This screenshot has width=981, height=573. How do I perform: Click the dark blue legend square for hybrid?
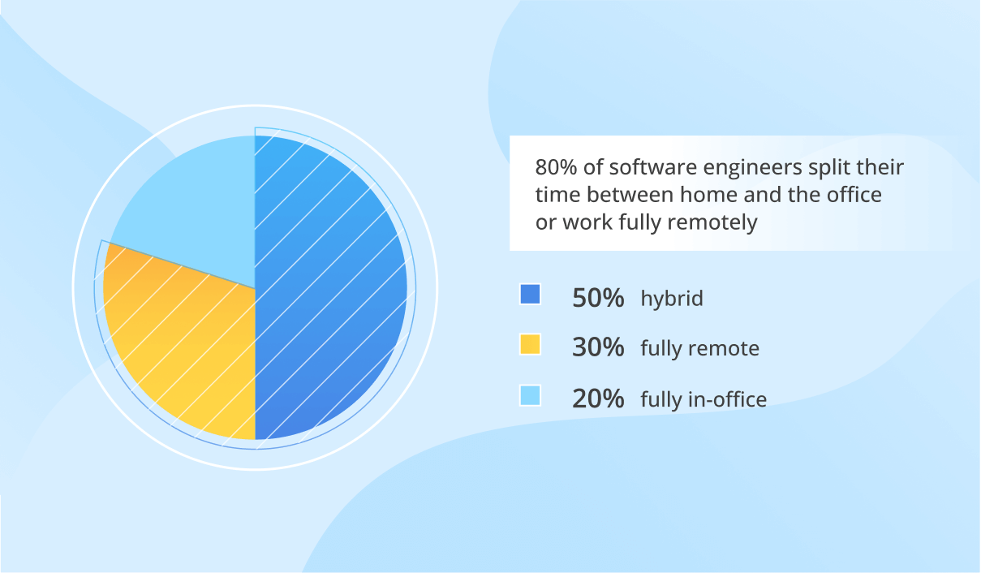(530, 295)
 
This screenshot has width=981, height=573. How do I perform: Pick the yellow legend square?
(530, 345)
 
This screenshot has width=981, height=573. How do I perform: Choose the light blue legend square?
(530, 395)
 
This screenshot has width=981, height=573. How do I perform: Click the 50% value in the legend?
(598, 298)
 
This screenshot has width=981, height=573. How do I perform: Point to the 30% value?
(598, 348)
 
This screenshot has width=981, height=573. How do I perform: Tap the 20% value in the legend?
(598, 399)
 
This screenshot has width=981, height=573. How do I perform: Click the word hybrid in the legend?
(671, 299)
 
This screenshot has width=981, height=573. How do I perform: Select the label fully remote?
(699, 349)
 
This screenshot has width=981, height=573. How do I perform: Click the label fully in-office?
(703, 399)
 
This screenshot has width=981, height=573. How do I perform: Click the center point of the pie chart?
(255, 287)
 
